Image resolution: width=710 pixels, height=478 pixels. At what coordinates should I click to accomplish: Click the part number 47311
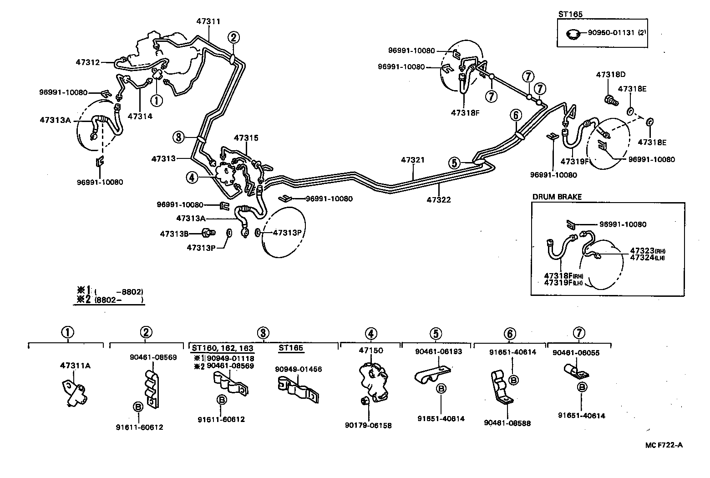click(208, 21)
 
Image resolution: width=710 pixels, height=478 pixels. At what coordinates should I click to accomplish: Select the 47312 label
click(88, 62)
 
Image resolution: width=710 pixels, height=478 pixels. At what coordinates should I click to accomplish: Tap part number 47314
click(140, 116)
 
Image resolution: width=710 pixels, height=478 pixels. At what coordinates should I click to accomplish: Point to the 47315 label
click(246, 137)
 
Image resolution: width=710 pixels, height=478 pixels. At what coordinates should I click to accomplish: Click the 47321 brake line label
click(413, 160)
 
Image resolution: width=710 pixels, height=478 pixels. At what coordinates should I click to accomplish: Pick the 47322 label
click(439, 199)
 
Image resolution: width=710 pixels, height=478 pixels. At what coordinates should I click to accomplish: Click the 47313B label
click(174, 234)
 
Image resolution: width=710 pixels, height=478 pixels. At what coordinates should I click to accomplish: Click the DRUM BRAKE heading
click(557, 197)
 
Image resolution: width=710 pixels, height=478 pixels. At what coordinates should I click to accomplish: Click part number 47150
click(371, 351)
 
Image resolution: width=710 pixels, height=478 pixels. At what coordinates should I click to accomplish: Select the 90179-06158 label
click(368, 425)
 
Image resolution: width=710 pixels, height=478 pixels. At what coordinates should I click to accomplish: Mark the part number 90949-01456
click(298, 369)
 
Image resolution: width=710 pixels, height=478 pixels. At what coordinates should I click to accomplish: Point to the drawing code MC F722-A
click(664, 445)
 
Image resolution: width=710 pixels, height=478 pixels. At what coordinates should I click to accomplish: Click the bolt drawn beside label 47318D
click(609, 100)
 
